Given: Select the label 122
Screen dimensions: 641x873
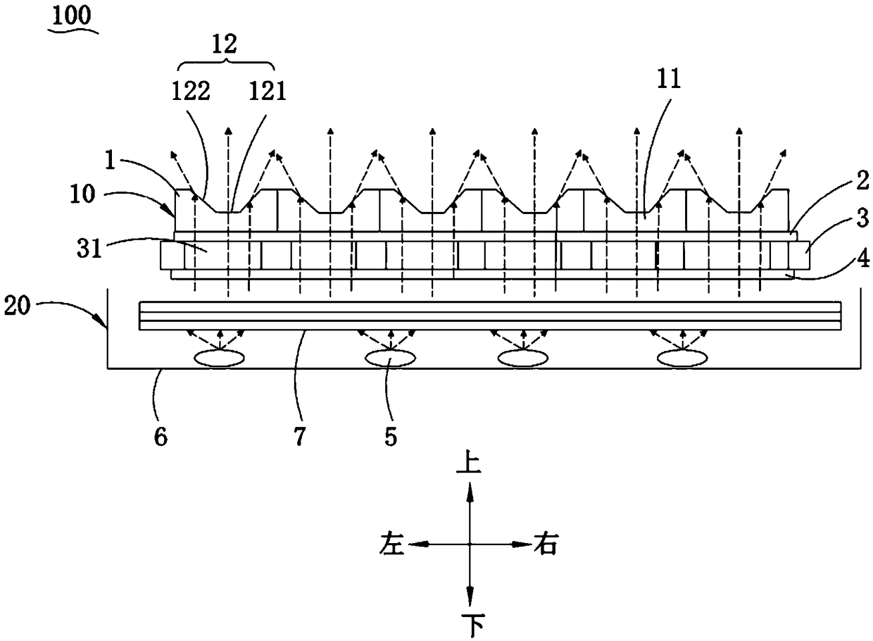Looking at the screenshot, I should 191,92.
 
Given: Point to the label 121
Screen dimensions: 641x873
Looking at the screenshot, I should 266,92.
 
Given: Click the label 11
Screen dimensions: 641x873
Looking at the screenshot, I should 668,80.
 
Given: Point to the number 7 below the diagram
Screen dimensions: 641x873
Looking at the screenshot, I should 299,437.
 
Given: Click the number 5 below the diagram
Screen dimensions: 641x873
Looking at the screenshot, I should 390,437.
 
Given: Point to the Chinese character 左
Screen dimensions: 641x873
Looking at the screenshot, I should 393,544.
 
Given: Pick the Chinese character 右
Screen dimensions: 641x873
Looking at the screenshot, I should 546,544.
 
